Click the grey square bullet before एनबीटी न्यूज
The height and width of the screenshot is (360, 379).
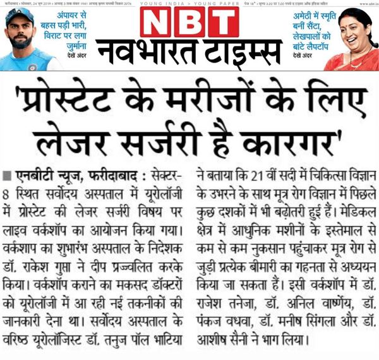[x=6, y=175]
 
